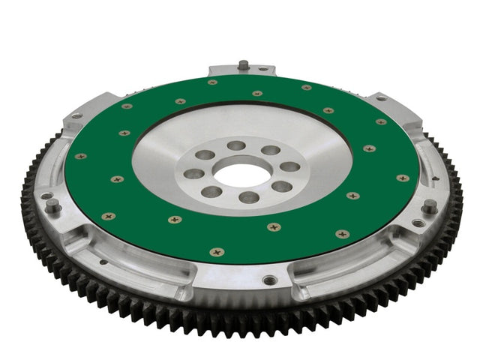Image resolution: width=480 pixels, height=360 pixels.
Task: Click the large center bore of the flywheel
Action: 242,174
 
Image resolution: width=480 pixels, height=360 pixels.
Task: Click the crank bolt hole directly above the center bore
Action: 237,145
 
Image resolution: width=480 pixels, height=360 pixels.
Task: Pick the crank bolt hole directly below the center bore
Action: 247,198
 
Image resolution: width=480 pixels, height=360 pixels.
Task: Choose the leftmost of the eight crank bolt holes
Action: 194,173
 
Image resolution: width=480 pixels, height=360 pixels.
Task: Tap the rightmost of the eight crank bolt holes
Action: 289,166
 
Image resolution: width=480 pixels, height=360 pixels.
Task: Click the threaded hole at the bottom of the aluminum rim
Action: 271,280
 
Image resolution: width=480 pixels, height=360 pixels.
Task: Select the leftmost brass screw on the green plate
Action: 80,156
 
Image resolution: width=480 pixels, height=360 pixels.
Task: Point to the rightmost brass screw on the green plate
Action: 403,178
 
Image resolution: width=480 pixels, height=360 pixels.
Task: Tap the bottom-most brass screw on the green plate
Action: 217,252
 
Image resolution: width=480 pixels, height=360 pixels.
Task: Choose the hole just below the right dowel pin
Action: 417,223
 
